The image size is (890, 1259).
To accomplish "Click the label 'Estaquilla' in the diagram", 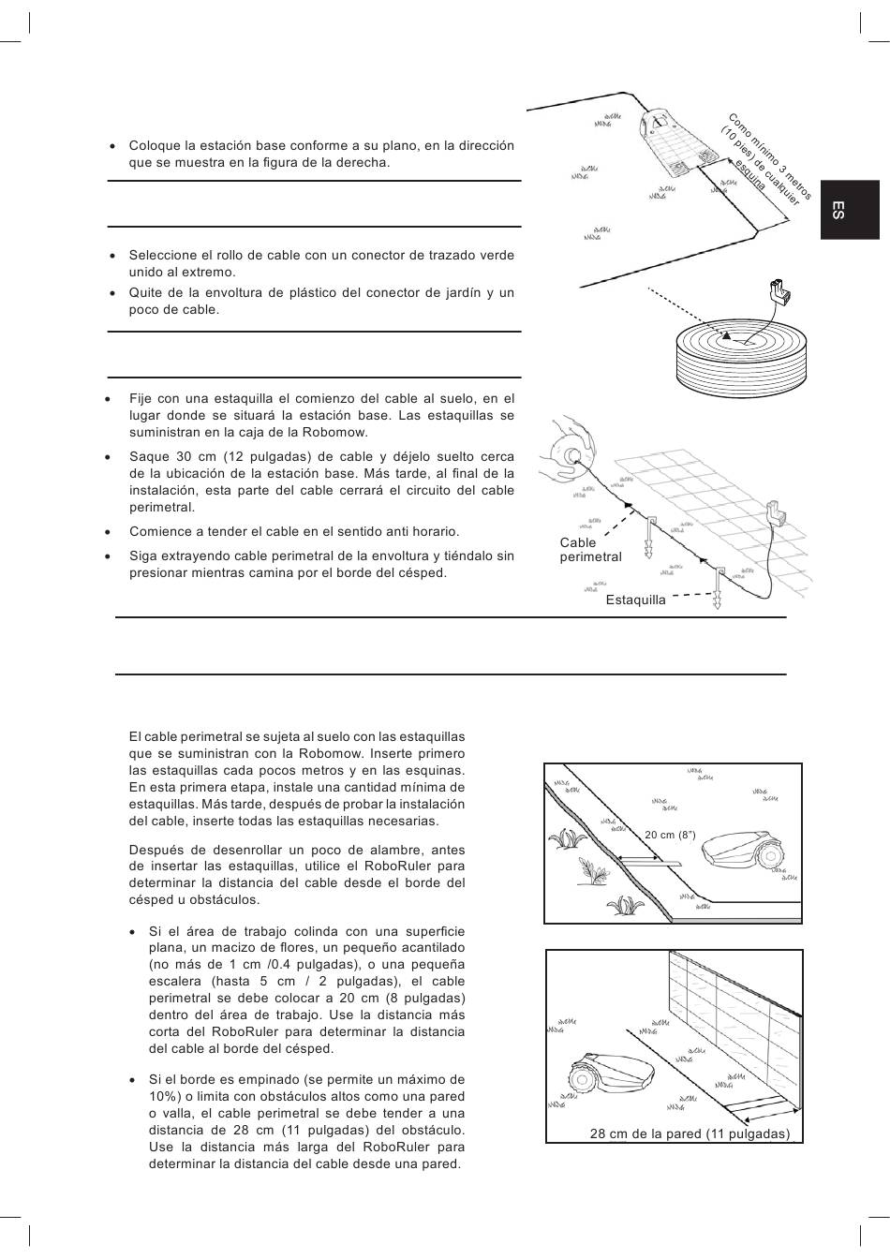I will tap(635, 600).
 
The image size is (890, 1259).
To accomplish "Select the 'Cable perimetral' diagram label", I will tap(590, 550).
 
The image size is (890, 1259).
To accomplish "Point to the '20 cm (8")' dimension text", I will tap(670, 834).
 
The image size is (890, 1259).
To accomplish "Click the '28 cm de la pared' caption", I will tap(690, 1134).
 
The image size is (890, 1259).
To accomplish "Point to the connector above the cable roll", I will tap(779, 293).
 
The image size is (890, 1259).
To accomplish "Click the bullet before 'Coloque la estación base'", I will tap(112, 146).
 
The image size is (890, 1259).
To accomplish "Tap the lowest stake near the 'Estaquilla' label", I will tap(718, 589).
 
